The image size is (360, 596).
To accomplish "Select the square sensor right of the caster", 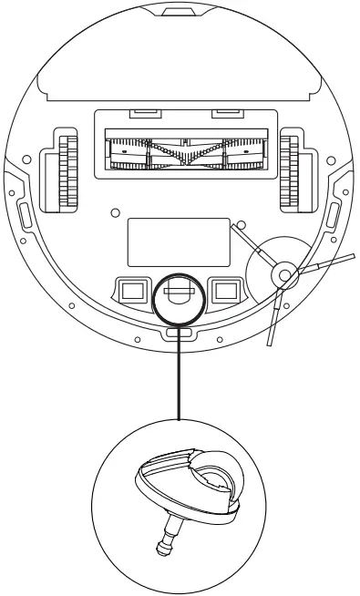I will click(223, 291).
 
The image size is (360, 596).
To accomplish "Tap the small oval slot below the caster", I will click(180, 334).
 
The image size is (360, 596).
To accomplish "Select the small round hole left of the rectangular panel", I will click(114, 211).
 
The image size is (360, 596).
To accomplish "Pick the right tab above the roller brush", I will click(223, 114).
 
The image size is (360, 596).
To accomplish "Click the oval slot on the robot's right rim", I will click(333, 217).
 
